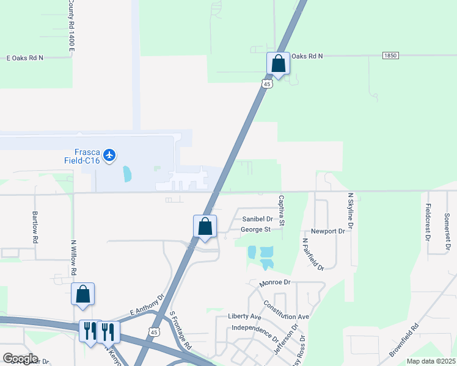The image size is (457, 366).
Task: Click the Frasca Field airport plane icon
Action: (x=110, y=155)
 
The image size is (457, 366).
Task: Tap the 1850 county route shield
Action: (x=390, y=56)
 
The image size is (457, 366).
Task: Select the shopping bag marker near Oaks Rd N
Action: (x=278, y=63)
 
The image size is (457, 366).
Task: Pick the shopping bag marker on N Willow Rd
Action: (x=82, y=294)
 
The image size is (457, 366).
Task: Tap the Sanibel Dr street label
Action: (x=257, y=218)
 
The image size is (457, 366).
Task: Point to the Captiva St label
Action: (x=282, y=210)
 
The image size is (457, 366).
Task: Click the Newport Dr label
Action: (x=328, y=232)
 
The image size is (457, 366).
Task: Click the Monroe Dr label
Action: (x=274, y=283)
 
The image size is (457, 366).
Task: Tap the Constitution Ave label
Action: (x=287, y=310)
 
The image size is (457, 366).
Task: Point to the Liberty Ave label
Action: (x=244, y=317)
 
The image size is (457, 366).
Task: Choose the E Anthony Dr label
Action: (x=147, y=306)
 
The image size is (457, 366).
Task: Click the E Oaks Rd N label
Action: (x=24, y=58)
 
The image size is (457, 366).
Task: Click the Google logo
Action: (x=20, y=359)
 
